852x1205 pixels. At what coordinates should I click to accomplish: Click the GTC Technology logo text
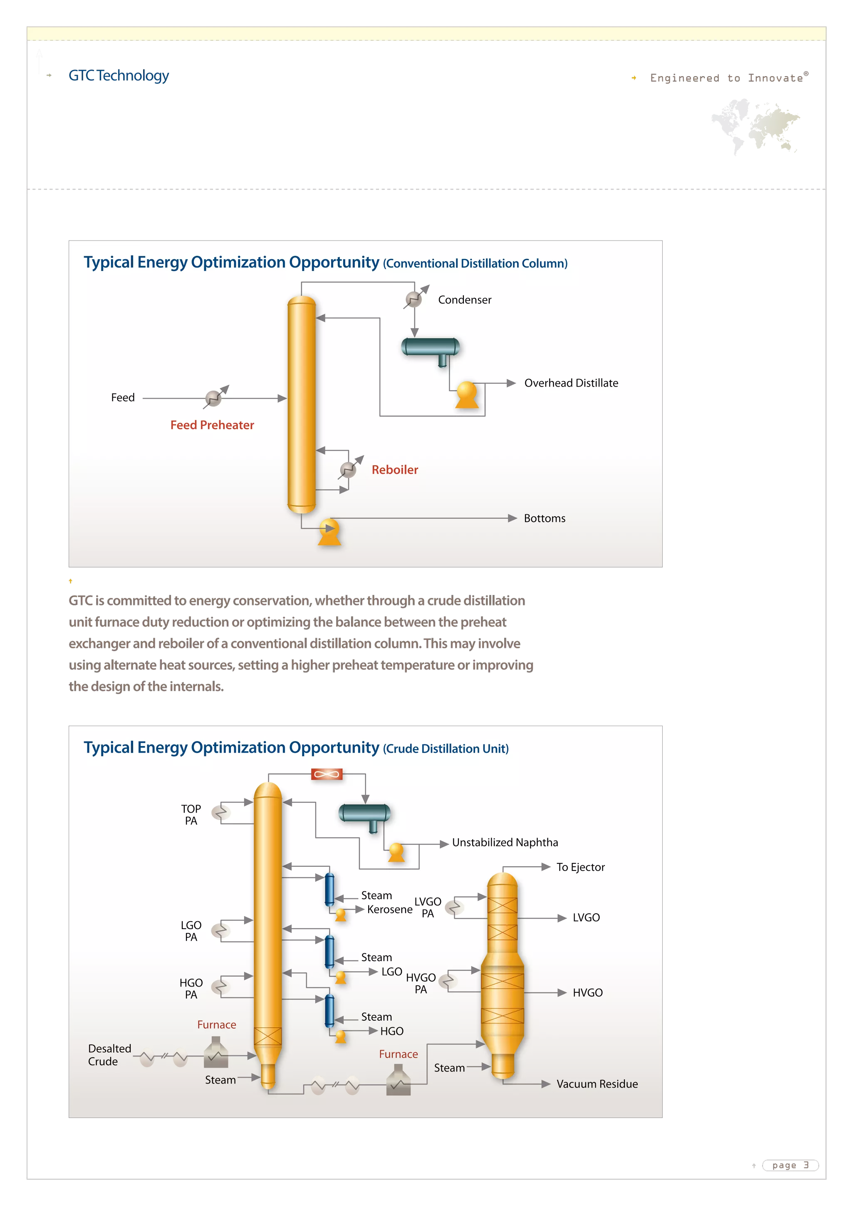coord(119,76)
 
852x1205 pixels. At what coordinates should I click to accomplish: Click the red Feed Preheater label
coord(212,425)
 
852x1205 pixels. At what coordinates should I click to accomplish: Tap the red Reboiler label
coord(394,470)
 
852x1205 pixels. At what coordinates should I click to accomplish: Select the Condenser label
coord(464,300)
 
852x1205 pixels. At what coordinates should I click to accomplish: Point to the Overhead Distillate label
coord(571,383)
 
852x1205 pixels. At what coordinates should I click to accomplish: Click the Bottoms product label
coord(545,518)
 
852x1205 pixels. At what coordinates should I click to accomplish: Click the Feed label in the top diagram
coord(123,398)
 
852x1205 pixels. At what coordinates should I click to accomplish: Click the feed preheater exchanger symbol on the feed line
coord(213,398)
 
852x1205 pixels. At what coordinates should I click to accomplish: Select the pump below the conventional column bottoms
coord(329,532)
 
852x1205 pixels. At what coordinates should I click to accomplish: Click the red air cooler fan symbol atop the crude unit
coord(326,774)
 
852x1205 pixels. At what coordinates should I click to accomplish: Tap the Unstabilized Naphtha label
coord(505,842)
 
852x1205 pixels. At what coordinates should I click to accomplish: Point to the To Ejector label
coord(580,867)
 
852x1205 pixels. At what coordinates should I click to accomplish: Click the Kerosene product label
coord(389,910)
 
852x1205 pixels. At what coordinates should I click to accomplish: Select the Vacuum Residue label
coord(597,1084)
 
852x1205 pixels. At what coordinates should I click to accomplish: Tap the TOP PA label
coord(191,815)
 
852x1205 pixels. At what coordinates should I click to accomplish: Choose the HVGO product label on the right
coord(587,992)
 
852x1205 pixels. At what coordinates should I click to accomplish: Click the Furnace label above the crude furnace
coord(217,1024)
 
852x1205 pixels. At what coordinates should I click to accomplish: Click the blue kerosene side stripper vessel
coord(329,889)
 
